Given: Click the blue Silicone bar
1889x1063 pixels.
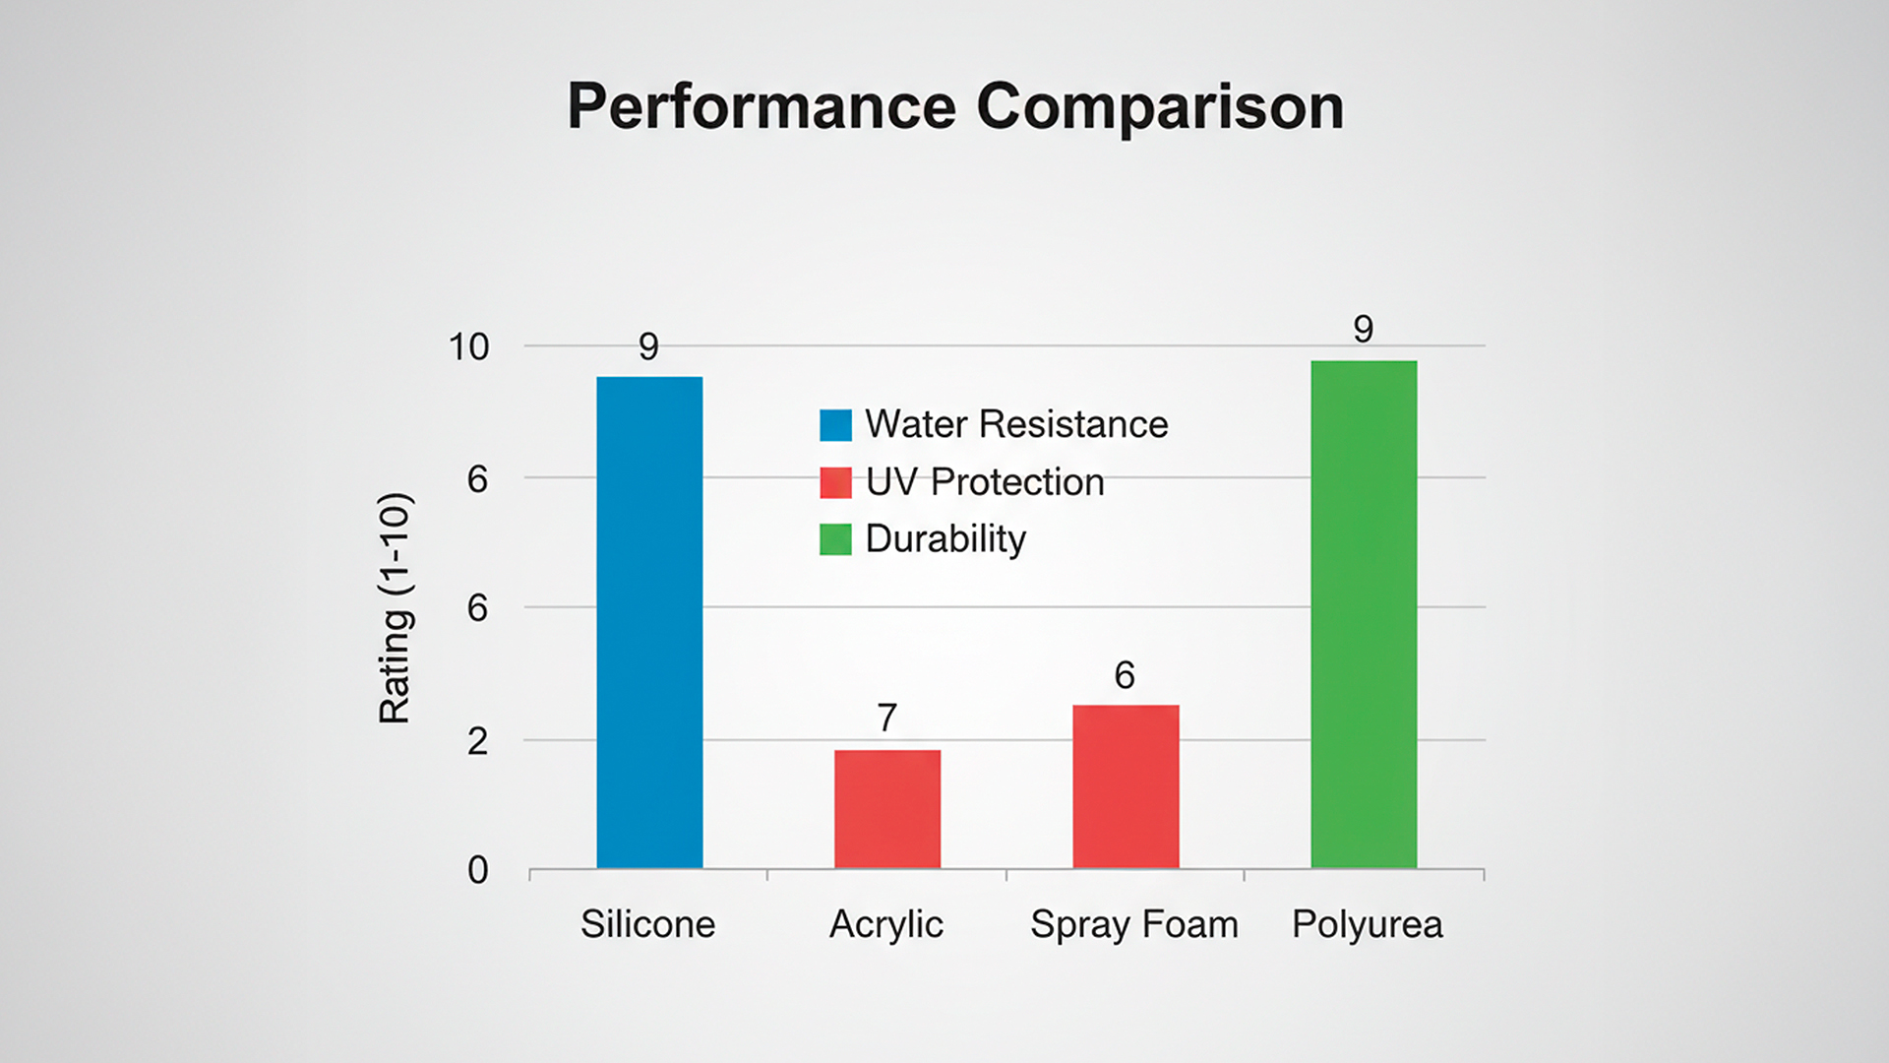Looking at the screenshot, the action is (649, 622).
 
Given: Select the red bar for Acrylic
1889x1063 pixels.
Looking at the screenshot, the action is (887, 809).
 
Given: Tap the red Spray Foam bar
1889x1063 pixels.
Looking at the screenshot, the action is (1126, 786).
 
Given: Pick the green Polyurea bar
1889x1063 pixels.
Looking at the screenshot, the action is (1364, 614).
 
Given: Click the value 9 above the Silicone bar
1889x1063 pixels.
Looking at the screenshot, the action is (648, 346).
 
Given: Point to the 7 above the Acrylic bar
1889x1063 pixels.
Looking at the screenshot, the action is (887, 718).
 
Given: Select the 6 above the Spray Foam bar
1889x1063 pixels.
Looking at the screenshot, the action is (1125, 675).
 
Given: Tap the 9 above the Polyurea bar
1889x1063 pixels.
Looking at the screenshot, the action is (1363, 329).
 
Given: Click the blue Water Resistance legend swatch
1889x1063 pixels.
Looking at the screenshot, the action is (835, 425).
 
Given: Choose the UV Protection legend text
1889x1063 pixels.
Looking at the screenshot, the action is (985, 482).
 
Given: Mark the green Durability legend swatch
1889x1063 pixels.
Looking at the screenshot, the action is (835, 539).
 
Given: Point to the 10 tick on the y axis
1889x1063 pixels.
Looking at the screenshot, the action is (468, 346).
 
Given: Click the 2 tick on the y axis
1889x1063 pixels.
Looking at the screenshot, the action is (477, 741).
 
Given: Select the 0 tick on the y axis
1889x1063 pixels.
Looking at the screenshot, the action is (477, 870).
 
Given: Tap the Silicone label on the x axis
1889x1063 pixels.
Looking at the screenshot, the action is (647, 924).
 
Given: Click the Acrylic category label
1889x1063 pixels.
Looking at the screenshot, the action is (886, 925).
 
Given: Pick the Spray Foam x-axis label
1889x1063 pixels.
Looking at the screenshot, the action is (1134, 925).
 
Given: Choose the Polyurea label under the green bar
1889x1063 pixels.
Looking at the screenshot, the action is (1368, 925).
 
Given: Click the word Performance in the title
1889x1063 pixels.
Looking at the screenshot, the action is (762, 106).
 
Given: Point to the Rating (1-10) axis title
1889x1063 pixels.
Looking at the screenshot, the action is (396, 608).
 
